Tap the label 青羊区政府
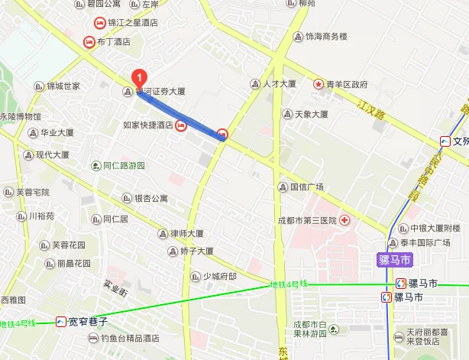pyautogui.click(x=347, y=84)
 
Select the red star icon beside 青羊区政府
pyautogui.click(x=318, y=83)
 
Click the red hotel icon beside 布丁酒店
pyautogui.click(x=89, y=41)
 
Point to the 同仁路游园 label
pyautogui.click(x=124, y=165)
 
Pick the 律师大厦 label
pyautogui.click(x=186, y=233)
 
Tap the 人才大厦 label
pyautogui.click(x=279, y=83)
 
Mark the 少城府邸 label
pyautogui.click(x=219, y=276)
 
